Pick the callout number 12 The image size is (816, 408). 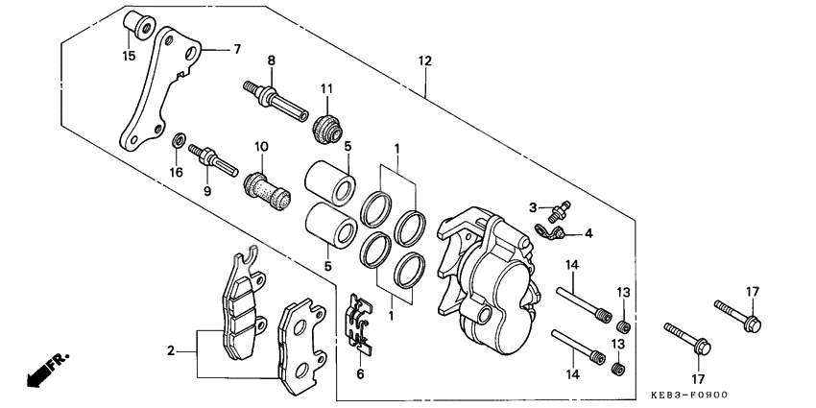tap(424, 61)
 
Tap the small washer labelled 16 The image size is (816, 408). tap(178, 143)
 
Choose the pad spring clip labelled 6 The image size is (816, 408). tap(359, 321)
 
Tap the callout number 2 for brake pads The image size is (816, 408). tap(171, 351)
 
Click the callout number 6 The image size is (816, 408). tap(360, 374)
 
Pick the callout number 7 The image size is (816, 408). tap(237, 50)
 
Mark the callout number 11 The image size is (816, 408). tap(326, 89)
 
